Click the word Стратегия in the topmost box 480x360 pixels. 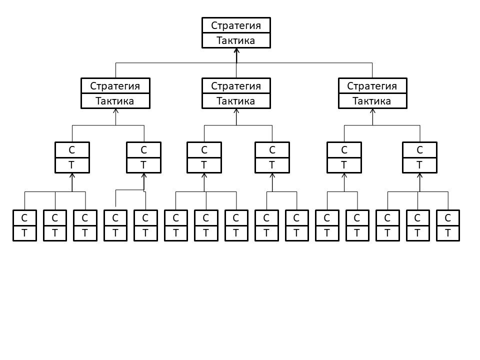[x=236, y=25]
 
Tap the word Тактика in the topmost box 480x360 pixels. [x=236, y=40]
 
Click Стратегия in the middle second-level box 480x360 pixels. [x=236, y=86]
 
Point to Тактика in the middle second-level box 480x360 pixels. [x=236, y=101]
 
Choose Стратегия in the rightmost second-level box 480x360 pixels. [x=372, y=86]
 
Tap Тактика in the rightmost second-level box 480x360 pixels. [x=372, y=101]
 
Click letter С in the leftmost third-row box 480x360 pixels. [x=72, y=149]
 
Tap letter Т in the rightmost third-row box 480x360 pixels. [x=419, y=164]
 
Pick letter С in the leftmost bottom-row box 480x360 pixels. [x=24, y=218]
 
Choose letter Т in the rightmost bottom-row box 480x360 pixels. [x=447, y=232]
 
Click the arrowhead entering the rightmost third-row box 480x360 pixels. [x=419, y=175]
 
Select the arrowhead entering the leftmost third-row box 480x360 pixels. [x=72, y=175]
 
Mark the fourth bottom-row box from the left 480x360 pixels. [x=115, y=225]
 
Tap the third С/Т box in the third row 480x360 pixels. [x=204, y=157]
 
